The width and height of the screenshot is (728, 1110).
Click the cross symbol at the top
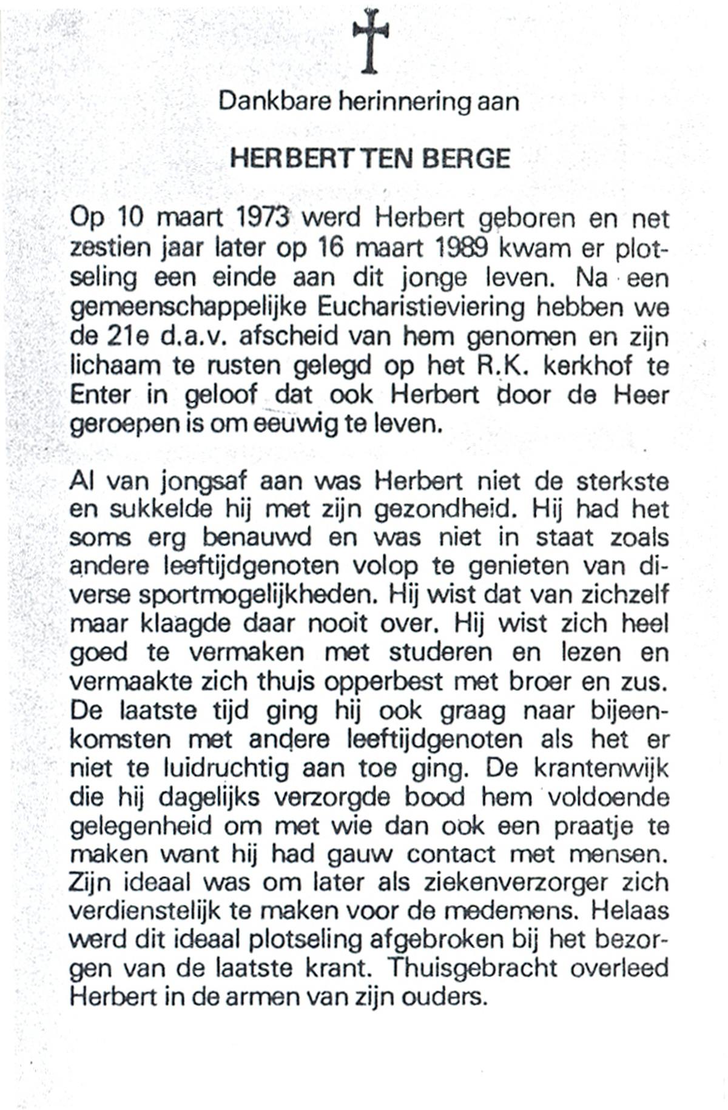370,41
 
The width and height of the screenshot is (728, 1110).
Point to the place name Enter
100,395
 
